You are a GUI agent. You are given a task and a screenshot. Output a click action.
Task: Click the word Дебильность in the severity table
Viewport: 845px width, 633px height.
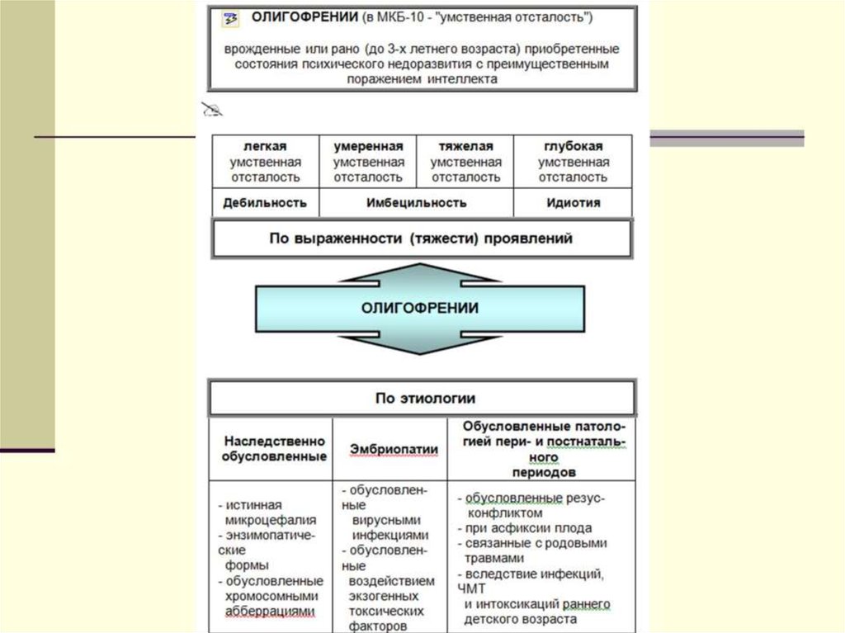pyautogui.click(x=265, y=202)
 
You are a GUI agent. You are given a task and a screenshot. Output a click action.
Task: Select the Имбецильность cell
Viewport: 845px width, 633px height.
pyautogui.click(x=416, y=202)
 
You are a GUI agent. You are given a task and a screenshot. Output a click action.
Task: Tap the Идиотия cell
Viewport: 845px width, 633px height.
pyautogui.click(x=574, y=202)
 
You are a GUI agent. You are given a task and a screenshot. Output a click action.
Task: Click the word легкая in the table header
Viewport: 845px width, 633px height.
pyautogui.click(x=265, y=145)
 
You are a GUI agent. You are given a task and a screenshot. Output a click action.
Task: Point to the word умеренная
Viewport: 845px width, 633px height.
pyautogui.click(x=368, y=145)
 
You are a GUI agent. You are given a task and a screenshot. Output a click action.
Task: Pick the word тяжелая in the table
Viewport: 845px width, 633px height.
pyautogui.click(x=465, y=145)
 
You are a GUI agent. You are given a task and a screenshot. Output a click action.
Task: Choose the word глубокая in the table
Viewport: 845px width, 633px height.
pyautogui.click(x=574, y=145)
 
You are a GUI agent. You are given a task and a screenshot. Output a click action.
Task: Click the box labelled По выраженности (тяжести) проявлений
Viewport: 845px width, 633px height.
pyautogui.click(x=422, y=239)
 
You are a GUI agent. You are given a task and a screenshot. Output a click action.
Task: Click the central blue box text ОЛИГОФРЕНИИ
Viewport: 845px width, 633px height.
pyautogui.click(x=420, y=308)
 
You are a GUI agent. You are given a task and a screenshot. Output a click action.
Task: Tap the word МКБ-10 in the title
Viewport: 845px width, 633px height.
pyautogui.click(x=404, y=17)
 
